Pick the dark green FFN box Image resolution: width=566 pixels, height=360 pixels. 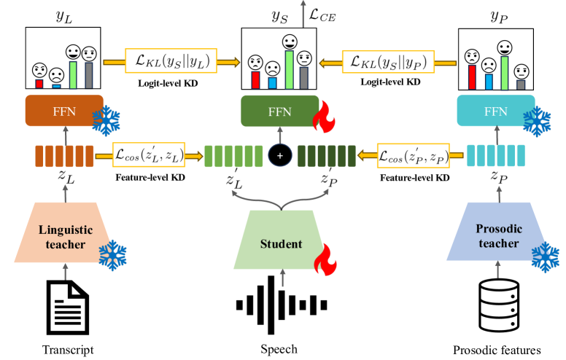point(280,111)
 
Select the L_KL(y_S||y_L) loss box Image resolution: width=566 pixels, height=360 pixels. point(168,60)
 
